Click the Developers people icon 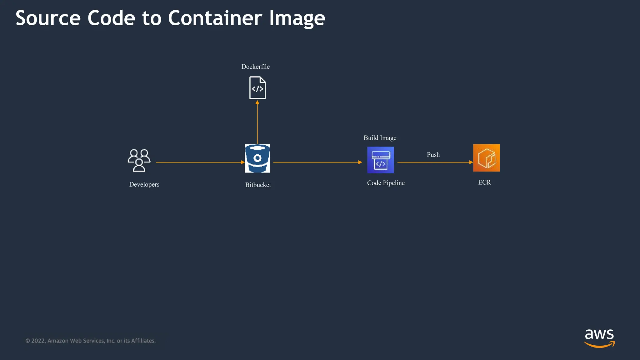coord(139,160)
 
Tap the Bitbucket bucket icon coord(257,158)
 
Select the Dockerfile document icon coord(257,88)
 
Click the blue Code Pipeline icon coord(380,160)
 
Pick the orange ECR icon coord(486,158)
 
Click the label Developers coord(144,184)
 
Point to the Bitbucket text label coord(258,185)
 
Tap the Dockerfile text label coord(255,67)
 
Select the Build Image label coord(380,138)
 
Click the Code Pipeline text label coord(386,183)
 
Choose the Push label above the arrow coord(433,155)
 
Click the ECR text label coord(484,182)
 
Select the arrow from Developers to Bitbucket coord(200,162)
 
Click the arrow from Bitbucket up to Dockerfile coord(257,122)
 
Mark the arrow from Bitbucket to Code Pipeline coord(317,162)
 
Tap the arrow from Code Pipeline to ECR coord(435,162)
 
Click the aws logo coord(599,338)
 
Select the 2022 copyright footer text coord(90,341)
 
